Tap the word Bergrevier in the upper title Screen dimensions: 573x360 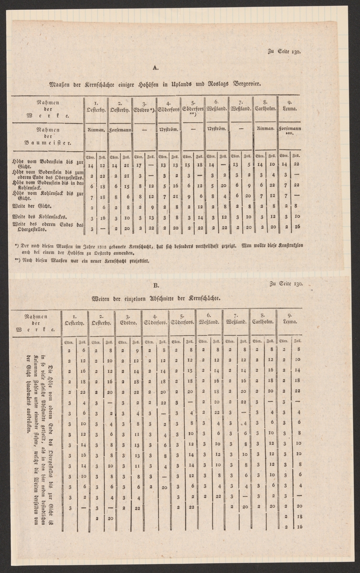point(244,84)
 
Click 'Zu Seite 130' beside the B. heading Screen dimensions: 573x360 point(286,283)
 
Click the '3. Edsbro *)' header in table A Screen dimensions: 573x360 point(144,105)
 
